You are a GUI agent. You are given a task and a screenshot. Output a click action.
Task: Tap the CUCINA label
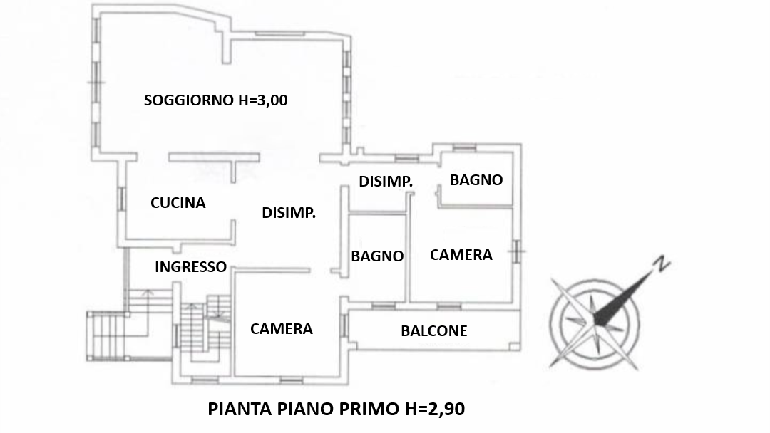pyautogui.click(x=178, y=202)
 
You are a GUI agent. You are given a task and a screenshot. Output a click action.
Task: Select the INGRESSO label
pyautogui.click(x=190, y=267)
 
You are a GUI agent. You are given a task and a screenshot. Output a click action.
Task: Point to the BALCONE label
pyautogui.click(x=433, y=331)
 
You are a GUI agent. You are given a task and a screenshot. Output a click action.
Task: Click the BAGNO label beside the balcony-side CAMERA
pyautogui.click(x=377, y=256)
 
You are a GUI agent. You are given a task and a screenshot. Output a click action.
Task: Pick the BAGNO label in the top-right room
pyautogui.click(x=476, y=180)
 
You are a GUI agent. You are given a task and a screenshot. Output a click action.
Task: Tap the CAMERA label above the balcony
pyautogui.click(x=461, y=254)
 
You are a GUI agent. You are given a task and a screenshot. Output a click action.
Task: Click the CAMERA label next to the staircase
pyautogui.click(x=282, y=328)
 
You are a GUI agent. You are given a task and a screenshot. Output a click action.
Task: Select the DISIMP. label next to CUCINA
pyautogui.click(x=289, y=213)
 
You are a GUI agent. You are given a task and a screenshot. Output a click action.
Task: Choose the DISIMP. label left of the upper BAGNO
pyautogui.click(x=386, y=182)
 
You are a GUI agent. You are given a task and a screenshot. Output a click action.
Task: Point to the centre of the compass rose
pyautogui.click(x=595, y=322)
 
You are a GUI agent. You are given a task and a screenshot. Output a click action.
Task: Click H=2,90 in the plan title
pyautogui.click(x=435, y=409)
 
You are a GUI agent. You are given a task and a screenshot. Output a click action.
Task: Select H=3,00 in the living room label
pyautogui.click(x=263, y=100)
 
